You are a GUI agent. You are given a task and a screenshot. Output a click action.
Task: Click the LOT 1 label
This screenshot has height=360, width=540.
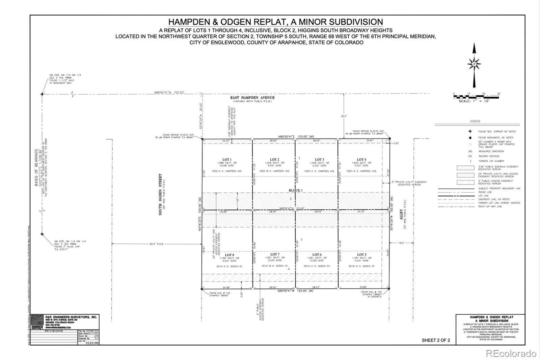click(227, 159)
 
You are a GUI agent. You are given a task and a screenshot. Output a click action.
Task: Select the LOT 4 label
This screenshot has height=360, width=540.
click(361, 159)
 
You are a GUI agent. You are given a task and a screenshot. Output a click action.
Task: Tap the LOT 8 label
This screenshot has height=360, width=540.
click(229, 255)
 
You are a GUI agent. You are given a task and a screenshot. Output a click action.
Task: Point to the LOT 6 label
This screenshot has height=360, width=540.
click(317, 255)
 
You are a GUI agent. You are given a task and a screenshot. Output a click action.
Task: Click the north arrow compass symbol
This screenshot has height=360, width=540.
click(474, 64)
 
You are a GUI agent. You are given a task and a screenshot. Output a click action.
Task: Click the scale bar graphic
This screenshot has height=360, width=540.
click(476, 97)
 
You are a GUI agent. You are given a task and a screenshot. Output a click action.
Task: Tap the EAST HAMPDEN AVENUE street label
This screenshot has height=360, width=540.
click(252, 98)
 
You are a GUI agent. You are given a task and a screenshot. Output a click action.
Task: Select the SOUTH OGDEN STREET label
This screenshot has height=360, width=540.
click(160, 195)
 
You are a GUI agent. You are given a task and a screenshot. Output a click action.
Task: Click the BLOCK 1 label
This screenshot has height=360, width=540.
click(295, 190)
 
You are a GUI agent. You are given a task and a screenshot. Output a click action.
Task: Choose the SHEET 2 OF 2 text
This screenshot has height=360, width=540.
click(436, 340)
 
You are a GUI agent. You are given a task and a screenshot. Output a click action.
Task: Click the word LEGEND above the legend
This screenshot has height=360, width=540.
click(475, 121)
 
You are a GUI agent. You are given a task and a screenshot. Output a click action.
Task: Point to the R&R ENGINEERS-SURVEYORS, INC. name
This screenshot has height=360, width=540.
click(71, 317)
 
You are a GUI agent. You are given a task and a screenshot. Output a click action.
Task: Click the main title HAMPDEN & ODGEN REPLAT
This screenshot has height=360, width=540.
click(275, 22)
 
